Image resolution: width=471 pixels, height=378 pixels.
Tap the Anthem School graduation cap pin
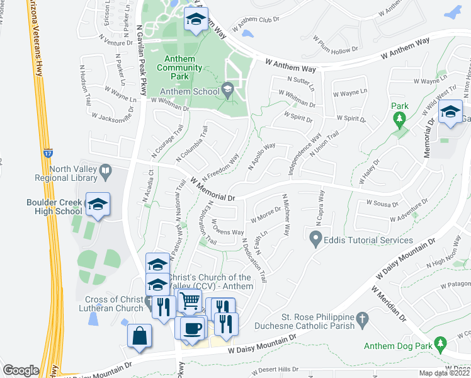pos(227,91)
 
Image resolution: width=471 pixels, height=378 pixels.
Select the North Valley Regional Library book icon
pos(106,169)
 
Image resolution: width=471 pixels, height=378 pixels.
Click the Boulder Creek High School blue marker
pos(98,205)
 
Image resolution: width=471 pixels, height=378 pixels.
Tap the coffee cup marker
pos(192,329)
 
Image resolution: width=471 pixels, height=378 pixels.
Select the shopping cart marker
pos(188,301)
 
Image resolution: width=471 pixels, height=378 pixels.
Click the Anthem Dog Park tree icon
pos(441,343)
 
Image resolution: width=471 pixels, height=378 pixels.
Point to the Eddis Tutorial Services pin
pos(315,239)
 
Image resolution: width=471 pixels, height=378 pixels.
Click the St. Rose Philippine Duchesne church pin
pos(361,320)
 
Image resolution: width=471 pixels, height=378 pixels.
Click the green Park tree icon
pos(399,118)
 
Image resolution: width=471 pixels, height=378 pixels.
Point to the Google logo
pos(21,370)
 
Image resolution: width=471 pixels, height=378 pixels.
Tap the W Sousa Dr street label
pos(382,203)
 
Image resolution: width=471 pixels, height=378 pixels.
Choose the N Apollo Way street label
pos(262,157)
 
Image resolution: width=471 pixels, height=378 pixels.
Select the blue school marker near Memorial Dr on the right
pos(450,112)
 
